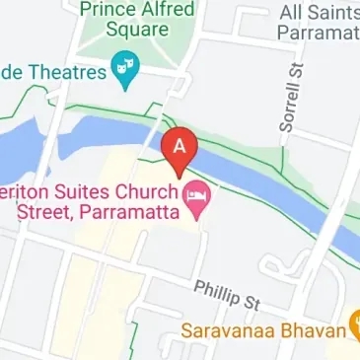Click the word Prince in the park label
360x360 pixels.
click(108, 10)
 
